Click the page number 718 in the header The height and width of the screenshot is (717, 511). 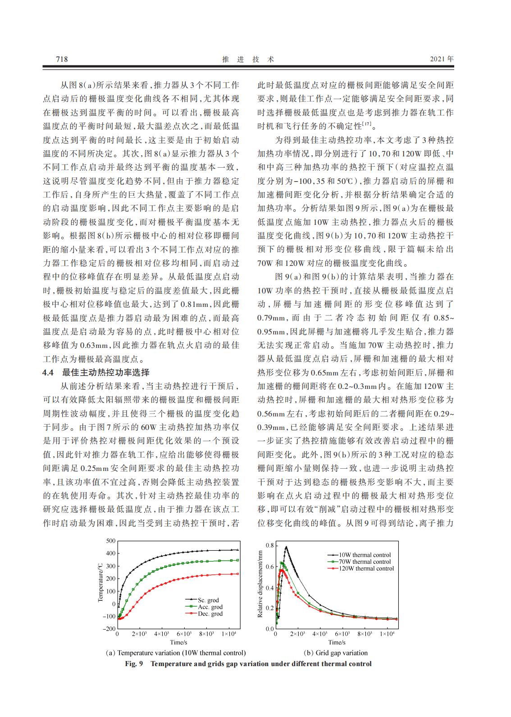pyautogui.click(x=61, y=59)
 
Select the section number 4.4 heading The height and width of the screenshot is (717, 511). pyautogui.click(x=48, y=372)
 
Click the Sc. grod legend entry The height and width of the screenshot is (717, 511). pyautogui.click(x=208, y=600)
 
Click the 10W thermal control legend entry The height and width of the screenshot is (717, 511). pyautogui.click(x=365, y=555)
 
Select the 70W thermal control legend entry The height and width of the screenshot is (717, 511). pyautogui.click(x=365, y=562)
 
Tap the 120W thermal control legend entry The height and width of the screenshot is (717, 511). pyautogui.click(x=366, y=568)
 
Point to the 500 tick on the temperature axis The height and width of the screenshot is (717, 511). pyautogui.click(x=110, y=540)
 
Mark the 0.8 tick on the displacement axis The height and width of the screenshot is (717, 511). pyautogui.click(x=269, y=546)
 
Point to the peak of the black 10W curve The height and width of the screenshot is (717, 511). pyautogui.click(x=286, y=547)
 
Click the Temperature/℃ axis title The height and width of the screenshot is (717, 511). pyautogui.click(x=100, y=582)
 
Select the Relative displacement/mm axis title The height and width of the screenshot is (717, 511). pyautogui.click(x=260, y=584)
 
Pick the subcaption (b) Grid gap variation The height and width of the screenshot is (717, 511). pyautogui.click(x=336, y=653)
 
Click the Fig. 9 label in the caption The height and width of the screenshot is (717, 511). pyautogui.click(x=134, y=663)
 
